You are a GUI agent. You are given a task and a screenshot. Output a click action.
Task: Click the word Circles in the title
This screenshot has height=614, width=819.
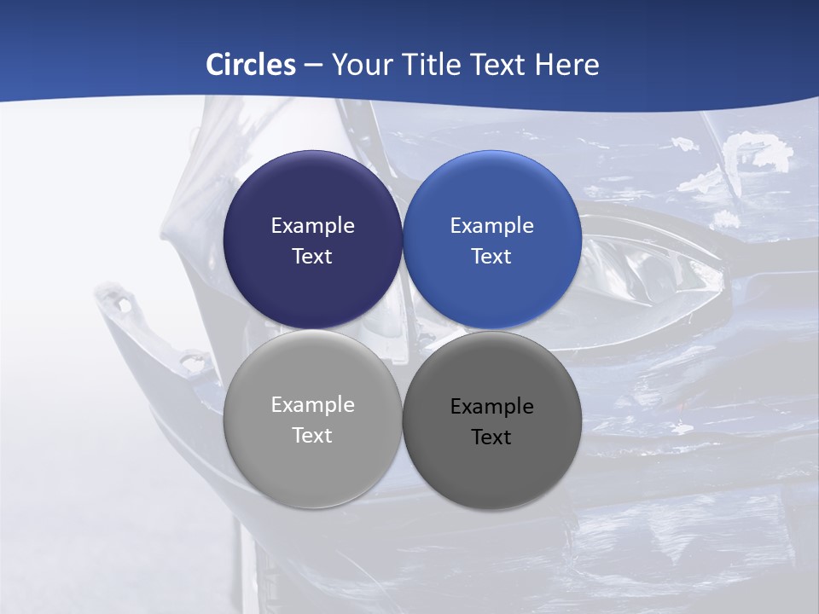point(251,65)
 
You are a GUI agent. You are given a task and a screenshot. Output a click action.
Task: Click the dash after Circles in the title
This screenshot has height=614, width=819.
point(313,65)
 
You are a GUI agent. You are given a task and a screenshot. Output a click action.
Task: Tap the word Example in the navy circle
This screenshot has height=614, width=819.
point(312,226)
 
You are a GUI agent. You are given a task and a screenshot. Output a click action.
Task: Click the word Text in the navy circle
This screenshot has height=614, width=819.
point(312,257)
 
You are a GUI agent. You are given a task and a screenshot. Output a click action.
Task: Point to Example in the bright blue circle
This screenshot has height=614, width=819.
point(492,226)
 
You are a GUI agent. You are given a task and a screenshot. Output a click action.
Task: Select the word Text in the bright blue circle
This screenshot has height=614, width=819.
point(492,257)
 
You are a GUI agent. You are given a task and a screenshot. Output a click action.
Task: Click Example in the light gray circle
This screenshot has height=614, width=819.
point(312,405)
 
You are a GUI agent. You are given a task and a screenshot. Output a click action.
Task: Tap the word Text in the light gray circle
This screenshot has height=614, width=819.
point(312,436)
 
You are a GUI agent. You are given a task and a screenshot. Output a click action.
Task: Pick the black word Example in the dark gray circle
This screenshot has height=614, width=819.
point(492,407)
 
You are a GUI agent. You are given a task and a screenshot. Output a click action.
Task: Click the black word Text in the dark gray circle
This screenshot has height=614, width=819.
point(492,437)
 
